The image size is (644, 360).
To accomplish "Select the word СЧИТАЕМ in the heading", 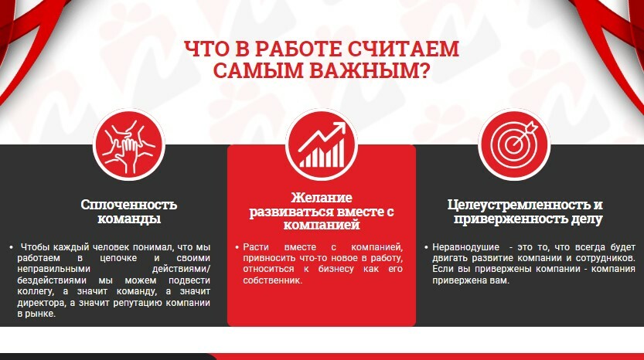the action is [x=404, y=49].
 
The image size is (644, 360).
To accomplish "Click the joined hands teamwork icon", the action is [x=129, y=145].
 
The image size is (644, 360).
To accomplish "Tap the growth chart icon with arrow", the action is [x=322, y=145].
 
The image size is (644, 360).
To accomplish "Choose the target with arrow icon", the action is [x=514, y=145].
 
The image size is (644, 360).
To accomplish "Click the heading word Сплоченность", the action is [x=128, y=205].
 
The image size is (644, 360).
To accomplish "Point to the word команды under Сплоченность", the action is [x=128, y=219].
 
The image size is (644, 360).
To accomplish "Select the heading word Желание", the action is [x=322, y=198].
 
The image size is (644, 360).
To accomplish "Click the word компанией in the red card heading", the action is [x=322, y=225].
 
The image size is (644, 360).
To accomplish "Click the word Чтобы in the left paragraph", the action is [x=32, y=247].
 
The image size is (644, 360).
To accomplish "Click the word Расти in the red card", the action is [x=256, y=247].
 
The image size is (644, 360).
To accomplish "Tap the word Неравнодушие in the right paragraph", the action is [x=465, y=247].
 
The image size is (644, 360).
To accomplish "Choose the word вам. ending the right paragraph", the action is [x=500, y=280].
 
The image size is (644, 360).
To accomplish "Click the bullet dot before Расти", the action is [x=237, y=247].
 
